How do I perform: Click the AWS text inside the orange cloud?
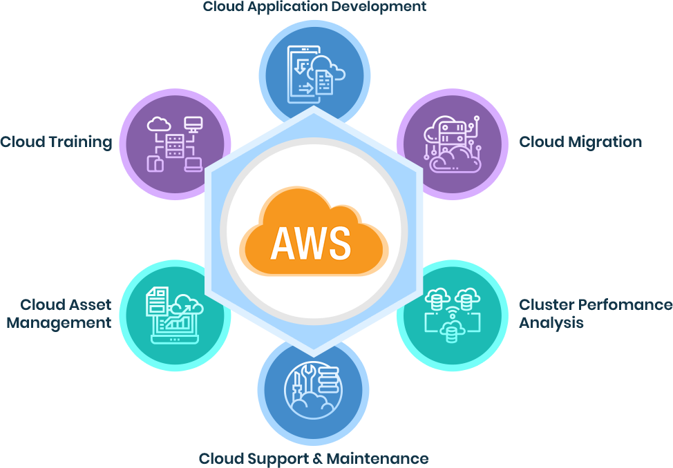pos(310,242)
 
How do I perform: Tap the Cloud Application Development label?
pos(314,7)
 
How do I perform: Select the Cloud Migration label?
pos(580,142)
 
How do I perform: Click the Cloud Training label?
pos(56,142)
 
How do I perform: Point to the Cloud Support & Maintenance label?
pos(313,458)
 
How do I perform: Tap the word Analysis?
pos(551,322)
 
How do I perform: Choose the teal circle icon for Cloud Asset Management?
pos(174,316)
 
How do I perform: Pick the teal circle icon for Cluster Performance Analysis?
pos(453,316)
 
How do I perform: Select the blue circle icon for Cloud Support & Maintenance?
pos(313,391)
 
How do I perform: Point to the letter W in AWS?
pos(311,242)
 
